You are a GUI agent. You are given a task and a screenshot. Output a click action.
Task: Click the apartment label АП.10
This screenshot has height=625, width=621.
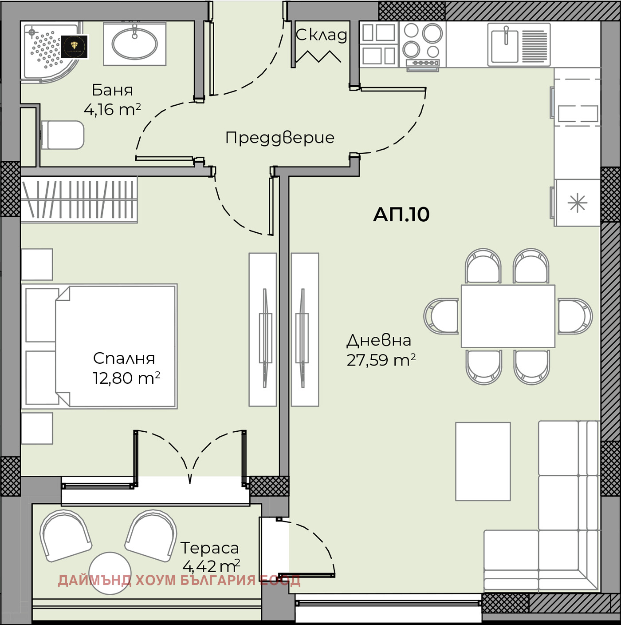[401, 215]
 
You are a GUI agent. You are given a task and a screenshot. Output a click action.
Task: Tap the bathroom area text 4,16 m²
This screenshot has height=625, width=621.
[112, 109]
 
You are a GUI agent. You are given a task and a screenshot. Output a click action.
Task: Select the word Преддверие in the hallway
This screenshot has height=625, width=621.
[279, 138]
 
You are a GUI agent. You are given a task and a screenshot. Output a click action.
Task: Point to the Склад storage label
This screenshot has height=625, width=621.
[321, 35]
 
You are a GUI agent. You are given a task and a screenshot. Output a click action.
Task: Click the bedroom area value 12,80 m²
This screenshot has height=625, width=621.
[126, 378]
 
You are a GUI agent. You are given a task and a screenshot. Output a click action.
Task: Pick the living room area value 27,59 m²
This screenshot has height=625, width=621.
[381, 360]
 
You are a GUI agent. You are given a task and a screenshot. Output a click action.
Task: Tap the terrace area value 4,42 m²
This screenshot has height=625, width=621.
[211, 566]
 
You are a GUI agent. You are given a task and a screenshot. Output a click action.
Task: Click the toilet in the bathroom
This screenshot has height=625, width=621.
[63, 135]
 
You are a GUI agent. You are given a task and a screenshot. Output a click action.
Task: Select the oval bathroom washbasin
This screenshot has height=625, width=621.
[134, 44]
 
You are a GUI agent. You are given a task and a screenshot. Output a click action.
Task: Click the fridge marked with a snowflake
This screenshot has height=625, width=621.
[577, 203]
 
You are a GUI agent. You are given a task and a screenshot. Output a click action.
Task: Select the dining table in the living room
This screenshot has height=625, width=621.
[508, 316]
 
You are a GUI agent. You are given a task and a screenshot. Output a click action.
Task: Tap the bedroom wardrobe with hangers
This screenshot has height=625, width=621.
[79, 199]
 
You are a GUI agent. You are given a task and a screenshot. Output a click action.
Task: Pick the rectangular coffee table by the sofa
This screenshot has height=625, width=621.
[483, 461]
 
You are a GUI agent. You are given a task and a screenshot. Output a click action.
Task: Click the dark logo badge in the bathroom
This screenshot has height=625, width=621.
[75, 47]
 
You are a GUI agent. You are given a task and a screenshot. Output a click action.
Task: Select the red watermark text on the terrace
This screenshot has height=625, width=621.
[179, 580]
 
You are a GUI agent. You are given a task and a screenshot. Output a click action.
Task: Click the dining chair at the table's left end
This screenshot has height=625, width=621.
[442, 316]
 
